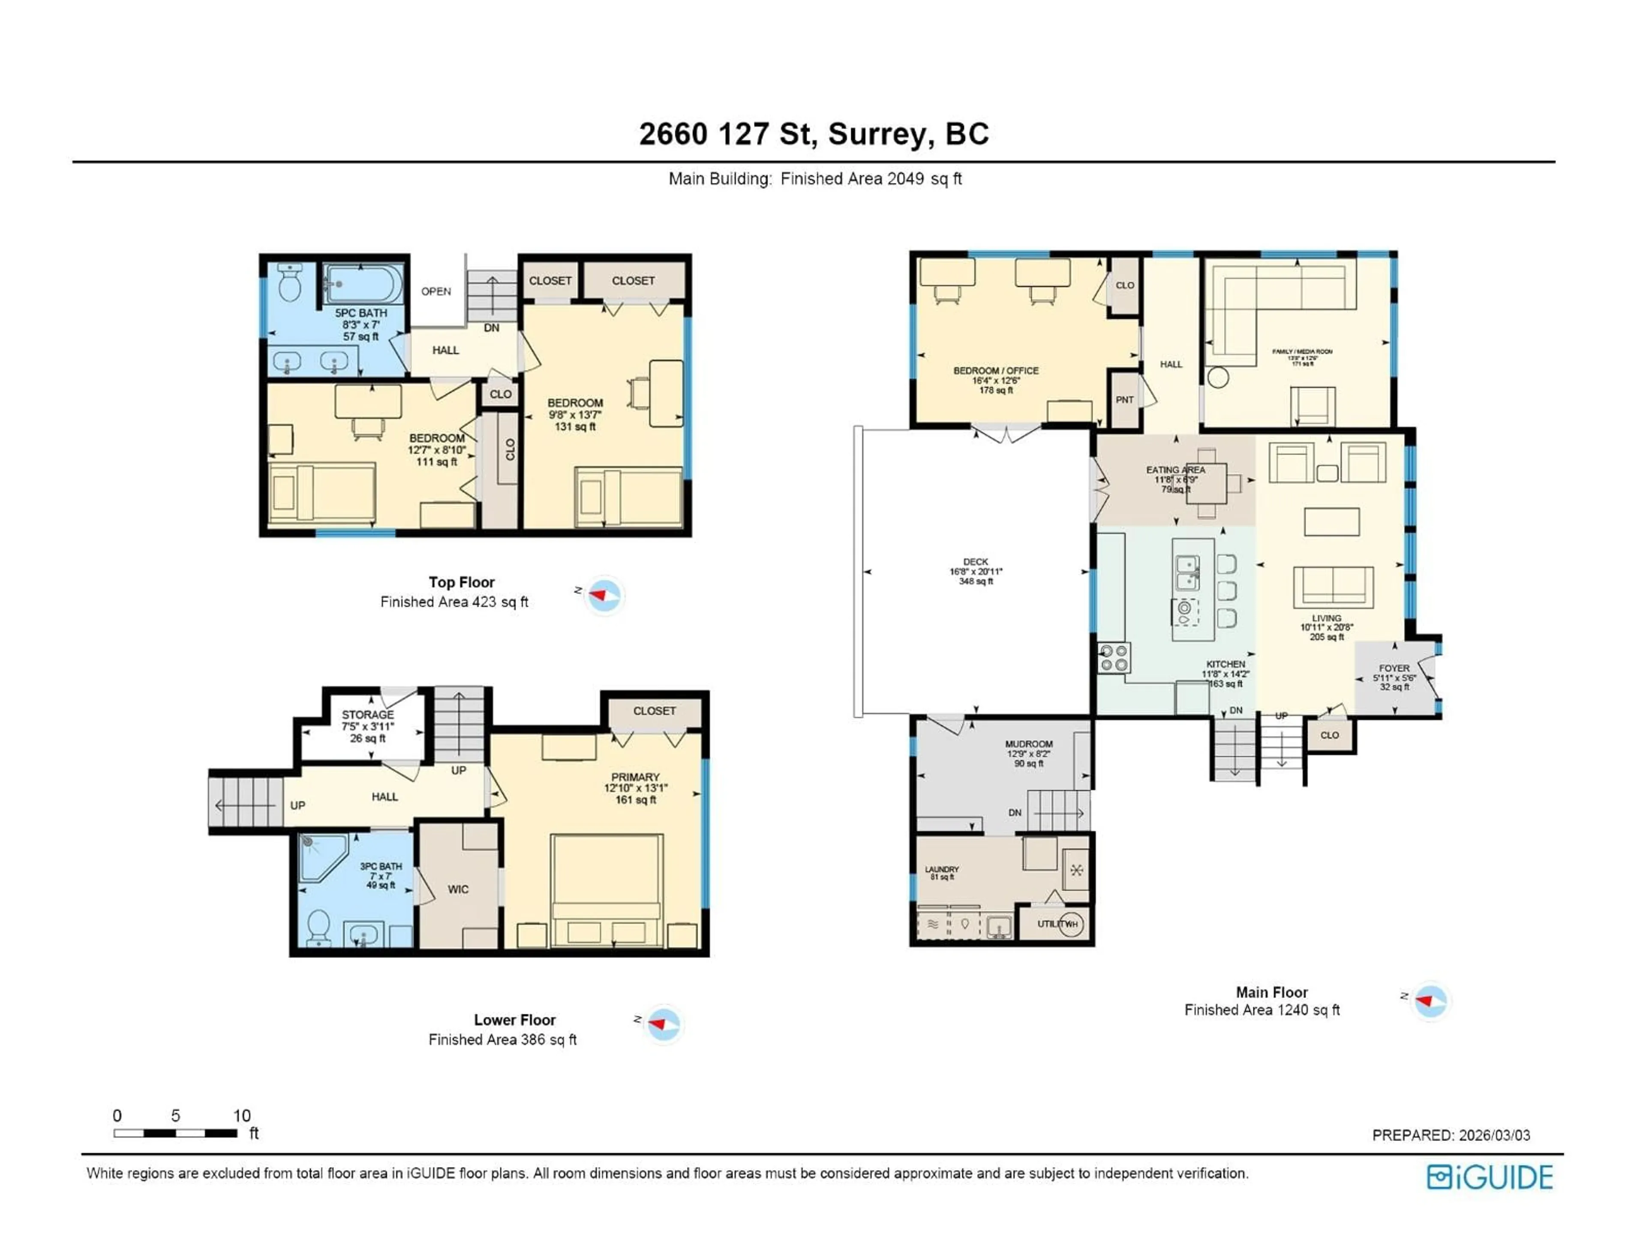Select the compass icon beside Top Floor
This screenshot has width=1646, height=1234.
(604, 596)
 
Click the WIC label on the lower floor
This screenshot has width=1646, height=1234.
(458, 890)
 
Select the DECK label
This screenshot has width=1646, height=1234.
(976, 562)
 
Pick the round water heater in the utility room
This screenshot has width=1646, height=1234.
(1072, 924)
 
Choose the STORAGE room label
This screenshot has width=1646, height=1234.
(368, 715)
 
